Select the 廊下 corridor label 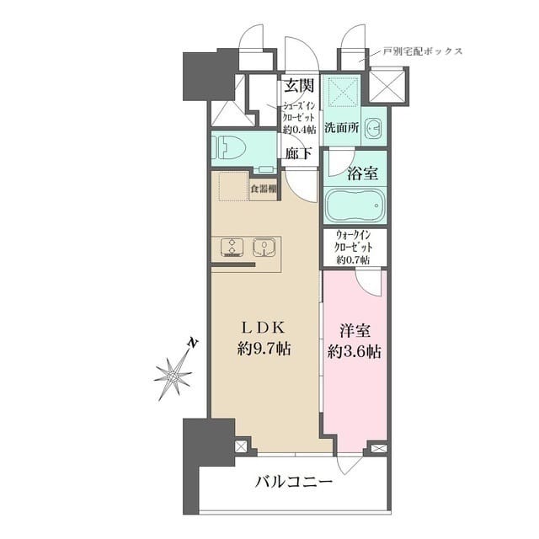[298, 153]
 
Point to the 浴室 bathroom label [362, 174]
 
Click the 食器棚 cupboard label [263, 189]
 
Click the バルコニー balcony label [294, 483]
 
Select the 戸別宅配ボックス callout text [422, 51]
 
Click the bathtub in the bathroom [355, 205]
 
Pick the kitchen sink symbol [264, 248]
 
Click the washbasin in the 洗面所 [375, 129]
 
